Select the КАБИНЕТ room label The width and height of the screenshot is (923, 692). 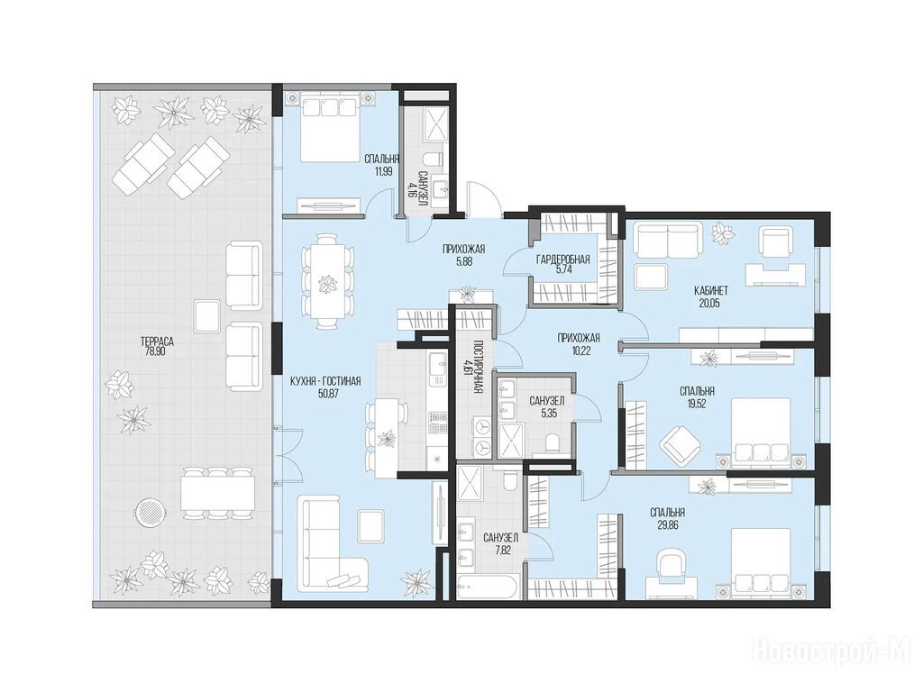click(711, 291)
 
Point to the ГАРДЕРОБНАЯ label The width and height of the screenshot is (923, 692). click(562, 259)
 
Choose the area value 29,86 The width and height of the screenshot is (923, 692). click(668, 524)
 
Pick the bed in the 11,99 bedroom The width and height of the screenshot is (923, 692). click(330, 130)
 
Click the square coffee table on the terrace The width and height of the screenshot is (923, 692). click(207, 314)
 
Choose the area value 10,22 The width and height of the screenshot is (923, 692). click(579, 349)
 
